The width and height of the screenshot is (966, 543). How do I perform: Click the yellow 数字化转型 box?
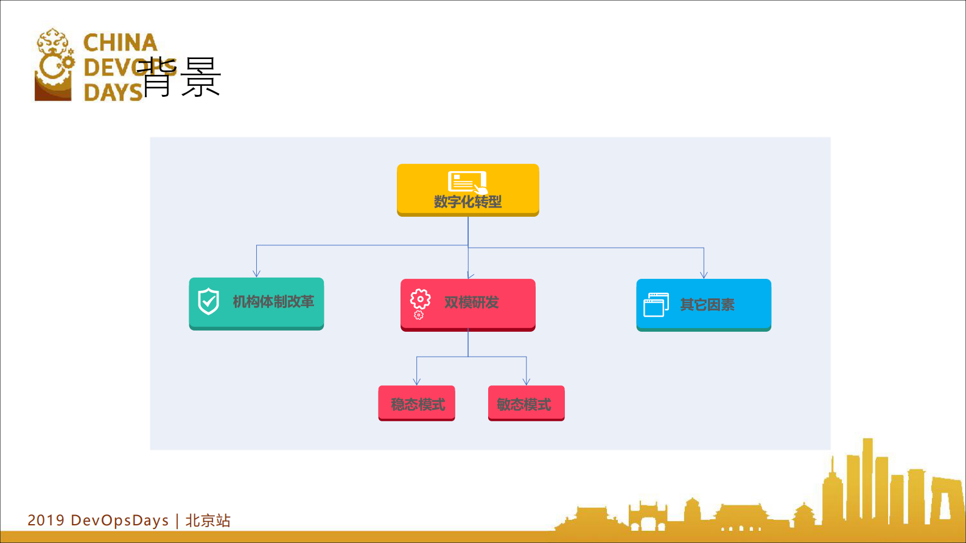click(x=467, y=190)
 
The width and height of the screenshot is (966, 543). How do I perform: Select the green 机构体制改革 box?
click(x=256, y=303)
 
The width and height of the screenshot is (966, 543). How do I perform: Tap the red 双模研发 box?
click(x=467, y=304)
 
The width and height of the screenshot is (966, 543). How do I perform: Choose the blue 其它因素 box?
click(x=704, y=304)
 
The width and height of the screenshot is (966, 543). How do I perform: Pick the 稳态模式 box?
click(x=417, y=403)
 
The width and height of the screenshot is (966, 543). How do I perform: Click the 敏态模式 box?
click(x=526, y=403)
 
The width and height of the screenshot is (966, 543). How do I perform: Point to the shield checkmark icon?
click(x=209, y=301)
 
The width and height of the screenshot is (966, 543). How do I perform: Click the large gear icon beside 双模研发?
click(x=420, y=299)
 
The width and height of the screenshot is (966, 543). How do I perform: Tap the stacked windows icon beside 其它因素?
click(x=656, y=304)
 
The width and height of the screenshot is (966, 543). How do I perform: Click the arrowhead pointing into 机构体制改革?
click(x=257, y=273)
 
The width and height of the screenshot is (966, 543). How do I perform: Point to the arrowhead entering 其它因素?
click(x=704, y=275)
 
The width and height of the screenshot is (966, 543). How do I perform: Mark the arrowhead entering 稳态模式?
click(x=417, y=382)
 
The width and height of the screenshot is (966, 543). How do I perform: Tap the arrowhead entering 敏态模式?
click(x=527, y=382)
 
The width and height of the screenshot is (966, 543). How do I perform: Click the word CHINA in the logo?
click(x=121, y=43)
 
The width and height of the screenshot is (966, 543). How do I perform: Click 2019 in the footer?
click(x=46, y=520)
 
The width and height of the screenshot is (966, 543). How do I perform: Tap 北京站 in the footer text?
click(x=208, y=520)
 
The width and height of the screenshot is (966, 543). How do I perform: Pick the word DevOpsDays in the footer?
click(x=120, y=520)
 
